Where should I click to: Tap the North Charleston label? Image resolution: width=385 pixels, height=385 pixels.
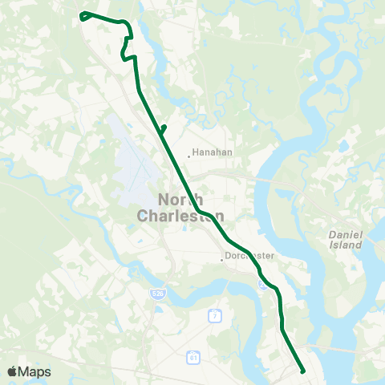(x=180, y=208)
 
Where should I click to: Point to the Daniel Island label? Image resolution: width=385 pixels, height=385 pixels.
(x=346, y=238)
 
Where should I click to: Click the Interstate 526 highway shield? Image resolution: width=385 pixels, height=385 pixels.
(x=157, y=295)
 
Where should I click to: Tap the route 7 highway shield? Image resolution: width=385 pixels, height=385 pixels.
(x=214, y=316)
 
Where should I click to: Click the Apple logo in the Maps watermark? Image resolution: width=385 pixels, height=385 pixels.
(x=13, y=371)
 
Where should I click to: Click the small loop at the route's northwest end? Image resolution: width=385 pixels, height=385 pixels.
(x=84, y=14)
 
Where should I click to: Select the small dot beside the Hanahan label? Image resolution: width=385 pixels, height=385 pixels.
(x=188, y=156)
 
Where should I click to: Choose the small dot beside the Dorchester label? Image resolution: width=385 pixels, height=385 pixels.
(x=222, y=259)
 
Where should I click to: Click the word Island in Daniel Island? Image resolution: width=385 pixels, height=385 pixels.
(x=346, y=245)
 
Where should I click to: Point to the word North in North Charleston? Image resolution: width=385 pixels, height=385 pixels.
(x=180, y=201)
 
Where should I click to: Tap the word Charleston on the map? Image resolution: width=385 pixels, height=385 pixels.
(x=180, y=216)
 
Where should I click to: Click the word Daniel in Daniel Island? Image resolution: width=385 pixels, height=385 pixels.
(x=346, y=233)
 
